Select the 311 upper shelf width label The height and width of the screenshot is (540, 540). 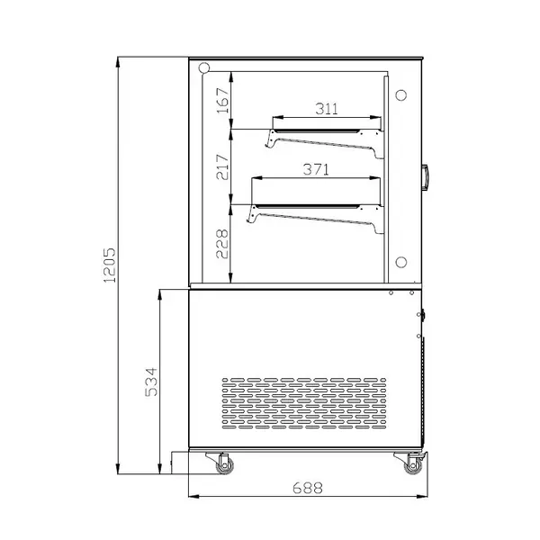(x=327, y=109)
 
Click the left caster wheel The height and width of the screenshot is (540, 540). (x=221, y=464)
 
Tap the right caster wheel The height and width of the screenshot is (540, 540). (x=413, y=464)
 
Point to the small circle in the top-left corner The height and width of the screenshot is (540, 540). (x=204, y=67)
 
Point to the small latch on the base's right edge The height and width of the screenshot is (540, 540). (x=422, y=315)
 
